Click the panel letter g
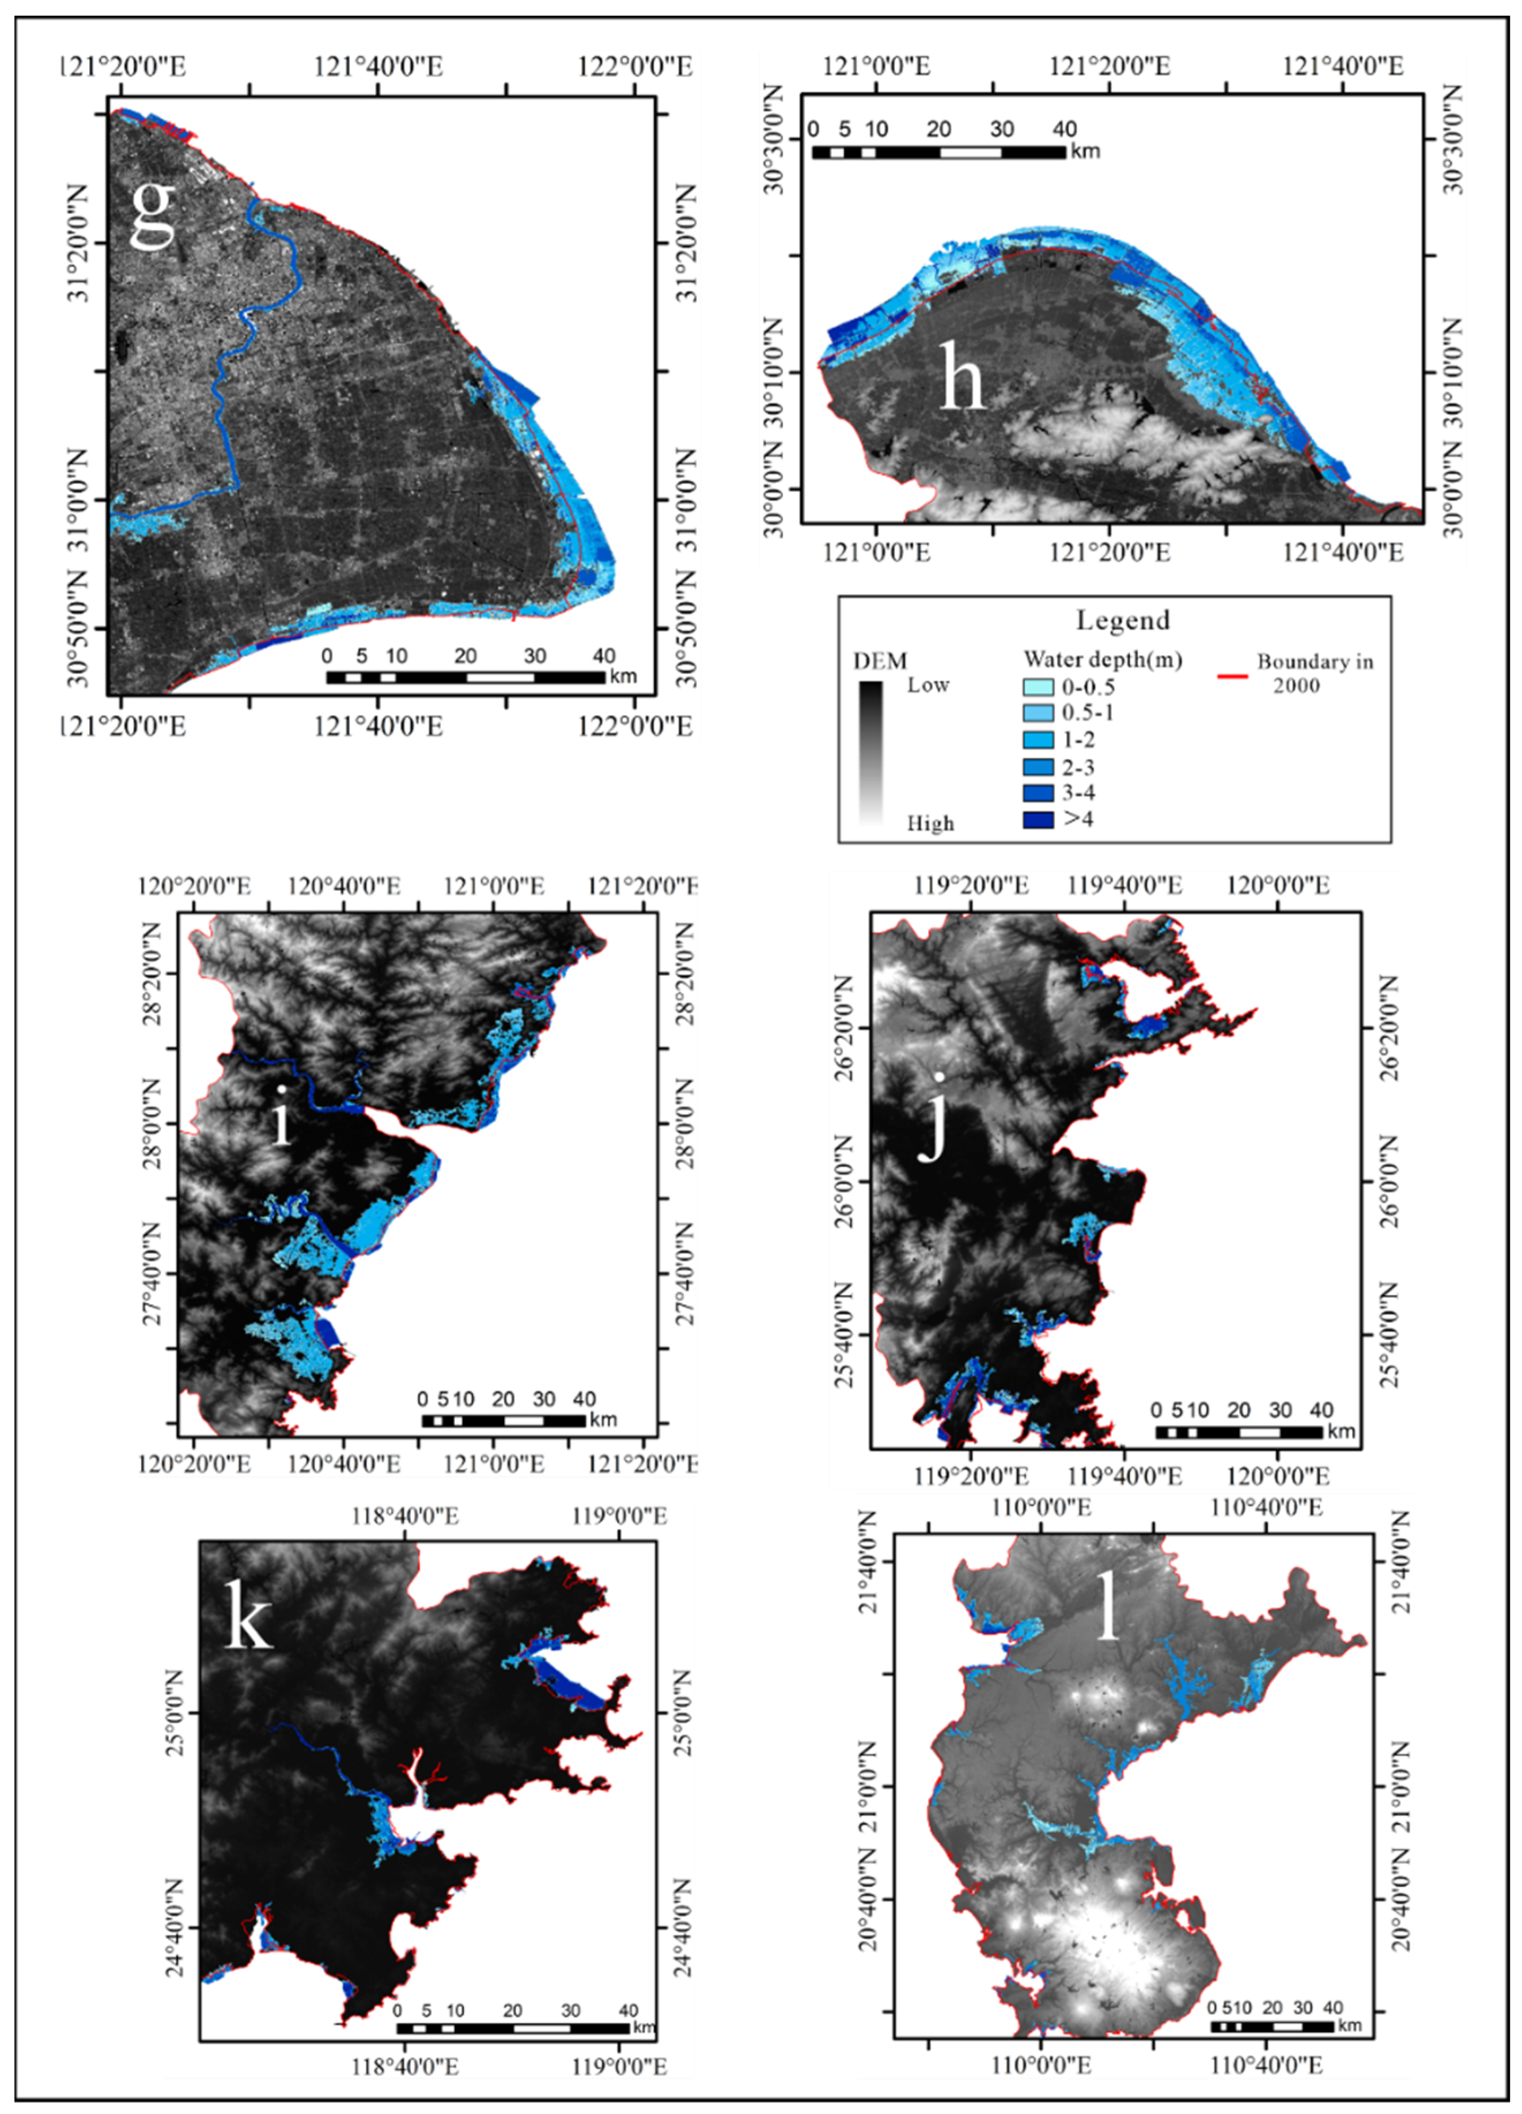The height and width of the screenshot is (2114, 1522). [x=152, y=213]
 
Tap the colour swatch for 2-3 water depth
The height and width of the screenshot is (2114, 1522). [x=1038, y=767]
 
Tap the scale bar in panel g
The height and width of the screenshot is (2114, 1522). [x=465, y=676]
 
